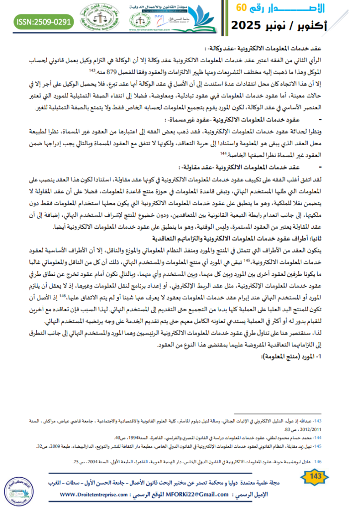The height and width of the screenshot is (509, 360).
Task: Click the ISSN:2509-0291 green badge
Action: tap(44, 22)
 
